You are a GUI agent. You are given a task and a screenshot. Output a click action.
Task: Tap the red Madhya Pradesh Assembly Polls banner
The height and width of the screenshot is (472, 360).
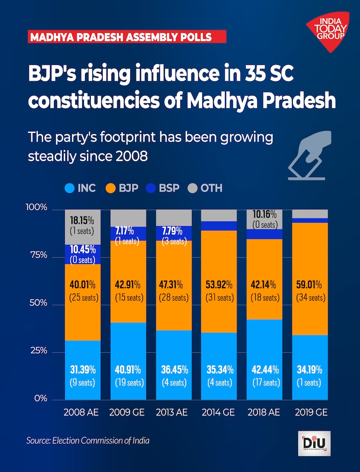coord(127,37)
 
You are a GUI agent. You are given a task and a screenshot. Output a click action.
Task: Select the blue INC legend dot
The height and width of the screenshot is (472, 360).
coord(69,188)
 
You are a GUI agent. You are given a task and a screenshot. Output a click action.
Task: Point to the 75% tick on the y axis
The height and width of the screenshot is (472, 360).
coord(37,255)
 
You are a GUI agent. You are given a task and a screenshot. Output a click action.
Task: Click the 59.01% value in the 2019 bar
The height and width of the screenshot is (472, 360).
coord(310,283)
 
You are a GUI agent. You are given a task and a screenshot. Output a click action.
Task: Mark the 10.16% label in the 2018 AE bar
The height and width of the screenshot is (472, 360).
coord(264,215)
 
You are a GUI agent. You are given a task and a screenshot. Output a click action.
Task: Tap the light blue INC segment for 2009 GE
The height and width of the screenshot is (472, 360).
coord(128,360)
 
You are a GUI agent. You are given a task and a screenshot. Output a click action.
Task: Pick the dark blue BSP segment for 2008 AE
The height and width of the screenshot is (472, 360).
coord(83,255)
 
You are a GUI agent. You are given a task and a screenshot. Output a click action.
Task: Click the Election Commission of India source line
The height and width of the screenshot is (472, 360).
coord(88,440)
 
